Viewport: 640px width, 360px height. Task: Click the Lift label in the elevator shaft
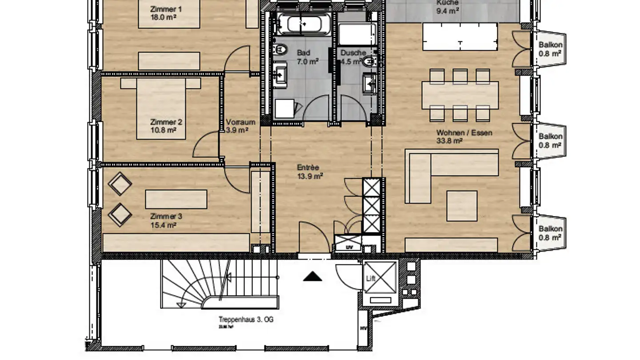tap(371, 279)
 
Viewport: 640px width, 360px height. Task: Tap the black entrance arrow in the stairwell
tap(312, 277)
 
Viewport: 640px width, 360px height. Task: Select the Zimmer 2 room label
tap(166, 122)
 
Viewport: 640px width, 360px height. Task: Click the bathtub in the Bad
tap(302, 23)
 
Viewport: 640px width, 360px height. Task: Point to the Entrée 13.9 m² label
tap(310, 172)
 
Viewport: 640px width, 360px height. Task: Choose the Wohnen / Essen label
tap(464, 132)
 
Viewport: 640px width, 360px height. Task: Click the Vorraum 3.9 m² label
tap(240, 126)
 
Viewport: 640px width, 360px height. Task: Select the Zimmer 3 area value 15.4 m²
tap(164, 225)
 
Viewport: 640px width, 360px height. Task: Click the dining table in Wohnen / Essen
tap(460, 95)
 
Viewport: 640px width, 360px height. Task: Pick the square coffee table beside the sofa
tap(462, 205)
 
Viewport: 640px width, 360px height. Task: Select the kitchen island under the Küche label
tap(460, 37)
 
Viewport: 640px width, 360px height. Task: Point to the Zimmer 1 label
tap(166, 9)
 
